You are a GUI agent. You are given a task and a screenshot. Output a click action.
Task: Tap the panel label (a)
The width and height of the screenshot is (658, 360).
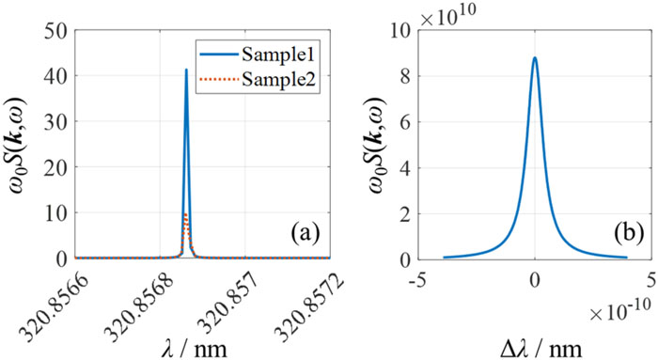tap(305, 233)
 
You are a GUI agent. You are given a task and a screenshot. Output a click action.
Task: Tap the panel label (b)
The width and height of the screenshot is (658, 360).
tap(628, 233)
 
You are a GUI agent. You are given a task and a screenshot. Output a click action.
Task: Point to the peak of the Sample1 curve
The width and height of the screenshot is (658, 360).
tap(186, 70)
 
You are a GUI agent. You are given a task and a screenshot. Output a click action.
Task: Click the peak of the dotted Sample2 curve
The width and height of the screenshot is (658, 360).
tap(186, 213)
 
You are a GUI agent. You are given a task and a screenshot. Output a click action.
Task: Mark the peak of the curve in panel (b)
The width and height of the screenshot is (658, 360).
tap(535, 57)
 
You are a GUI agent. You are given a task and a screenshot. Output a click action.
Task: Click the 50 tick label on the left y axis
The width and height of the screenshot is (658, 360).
tap(55, 31)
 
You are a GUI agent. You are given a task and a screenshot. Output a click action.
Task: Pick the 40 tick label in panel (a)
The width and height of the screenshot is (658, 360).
tap(55, 76)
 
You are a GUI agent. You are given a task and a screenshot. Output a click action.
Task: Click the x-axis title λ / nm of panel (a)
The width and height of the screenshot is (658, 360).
tap(195, 349)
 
